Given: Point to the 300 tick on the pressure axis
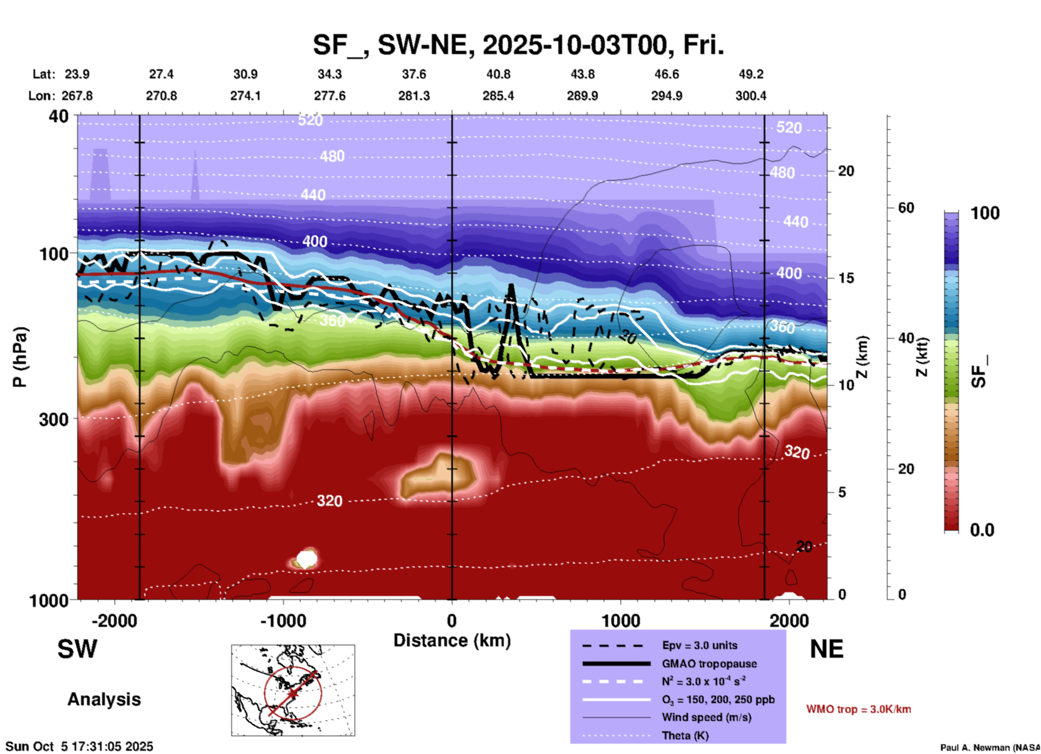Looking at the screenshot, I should click(54, 419).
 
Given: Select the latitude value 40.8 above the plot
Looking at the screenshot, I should click(498, 74).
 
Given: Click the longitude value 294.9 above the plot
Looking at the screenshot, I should click(666, 96).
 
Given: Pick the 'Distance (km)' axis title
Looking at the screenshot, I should click(452, 640).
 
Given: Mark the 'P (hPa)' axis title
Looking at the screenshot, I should click(20, 357).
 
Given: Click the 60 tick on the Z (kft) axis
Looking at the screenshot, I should click(906, 208).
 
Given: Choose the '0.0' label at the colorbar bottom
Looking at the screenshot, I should click(982, 530).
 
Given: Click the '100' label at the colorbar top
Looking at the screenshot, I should click(985, 213).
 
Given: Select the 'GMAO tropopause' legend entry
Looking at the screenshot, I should click(709, 664).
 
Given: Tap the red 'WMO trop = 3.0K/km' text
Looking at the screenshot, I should click(858, 709).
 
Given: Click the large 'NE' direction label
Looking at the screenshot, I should click(826, 649).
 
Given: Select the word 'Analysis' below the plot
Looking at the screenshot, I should click(104, 699).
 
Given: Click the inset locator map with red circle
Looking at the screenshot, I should click(293, 690).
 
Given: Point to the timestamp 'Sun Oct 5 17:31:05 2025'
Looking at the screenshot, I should click(79, 746).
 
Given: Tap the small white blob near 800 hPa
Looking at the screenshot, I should click(306, 558).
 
